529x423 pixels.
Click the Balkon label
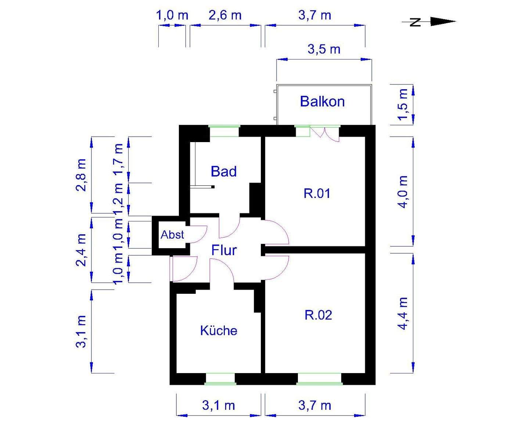pyautogui.click(x=322, y=101)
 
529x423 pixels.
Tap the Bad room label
pyautogui.click(x=223, y=171)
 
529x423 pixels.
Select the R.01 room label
pyautogui.click(x=317, y=193)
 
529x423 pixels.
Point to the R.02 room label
pyautogui.click(x=318, y=315)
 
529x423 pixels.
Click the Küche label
pyautogui.click(x=219, y=330)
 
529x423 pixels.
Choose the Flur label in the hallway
pyautogui.click(x=224, y=250)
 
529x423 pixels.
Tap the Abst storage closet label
pyautogui.click(x=172, y=235)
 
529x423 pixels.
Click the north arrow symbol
pyautogui.click(x=430, y=22)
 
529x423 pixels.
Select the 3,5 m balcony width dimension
pyautogui.click(x=324, y=49)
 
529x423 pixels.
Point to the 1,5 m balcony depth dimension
pyautogui.click(x=403, y=105)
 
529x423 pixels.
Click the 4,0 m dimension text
pyautogui.click(x=403, y=192)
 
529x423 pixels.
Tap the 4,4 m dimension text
pyautogui.click(x=403, y=314)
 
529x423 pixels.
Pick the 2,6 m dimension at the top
pyautogui.click(x=225, y=15)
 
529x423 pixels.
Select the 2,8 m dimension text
pyautogui.click(x=81, y=175)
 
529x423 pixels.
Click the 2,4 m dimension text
pyautogui.click(x=81, y=250)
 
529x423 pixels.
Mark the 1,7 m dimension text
pyautogui.click(x=118, y=160)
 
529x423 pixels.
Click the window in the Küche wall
pyautogui.click(x=220, y=379)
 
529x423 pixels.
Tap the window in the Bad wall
pyautogui.click(x=224, y=131)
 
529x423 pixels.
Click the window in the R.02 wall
pyautogui.click(x=319, y=379)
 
